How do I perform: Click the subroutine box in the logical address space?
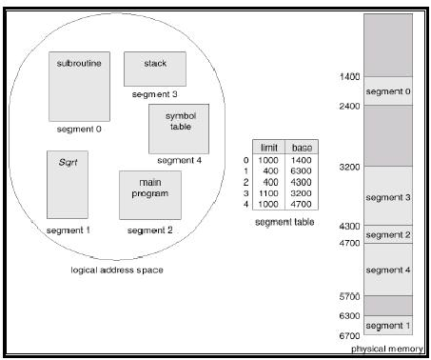click(79, 83)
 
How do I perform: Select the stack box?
click(154, 68)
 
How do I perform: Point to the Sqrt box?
click(68, 183)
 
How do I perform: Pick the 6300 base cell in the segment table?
click(304, 170)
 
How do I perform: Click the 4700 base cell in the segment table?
click(304, 202)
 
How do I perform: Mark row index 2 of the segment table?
click(246, 181)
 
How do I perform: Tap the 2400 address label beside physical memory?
click(351, 106)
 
